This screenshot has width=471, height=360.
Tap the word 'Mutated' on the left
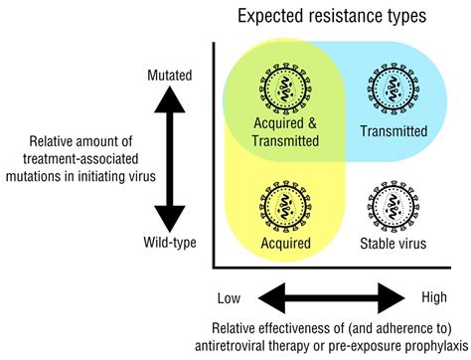pos(170,75)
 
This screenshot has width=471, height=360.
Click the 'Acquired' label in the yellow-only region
pos(284,242)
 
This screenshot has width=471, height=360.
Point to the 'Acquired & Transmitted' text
pos(284,133)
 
